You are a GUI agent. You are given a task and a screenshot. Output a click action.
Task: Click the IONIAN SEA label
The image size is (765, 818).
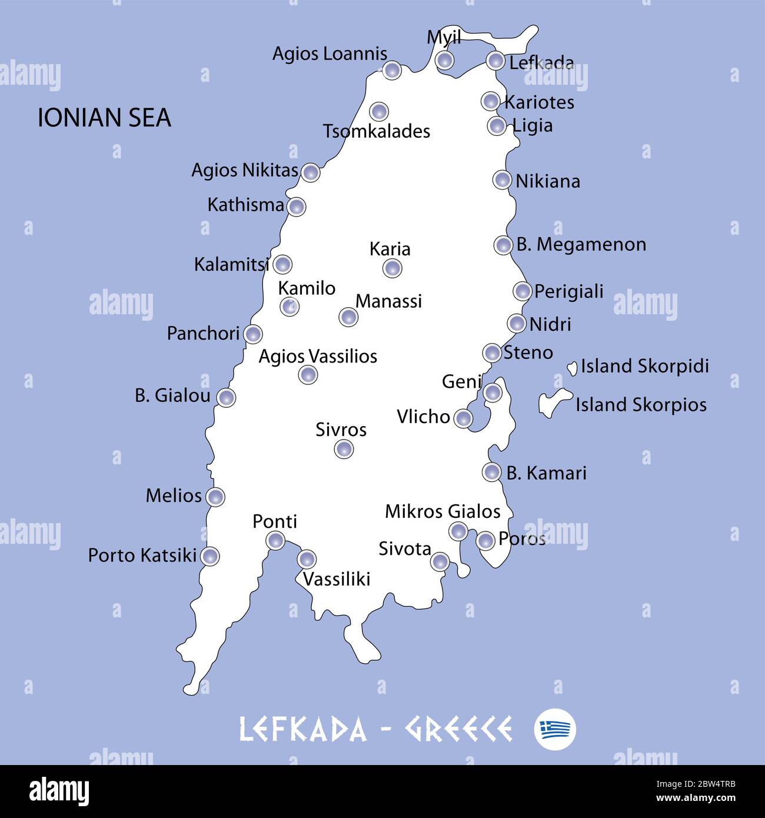(104, 118)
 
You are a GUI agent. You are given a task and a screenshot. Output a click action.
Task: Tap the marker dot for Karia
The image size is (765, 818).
(392, 268)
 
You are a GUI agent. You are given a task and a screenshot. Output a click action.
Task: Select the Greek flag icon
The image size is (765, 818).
(555, 729)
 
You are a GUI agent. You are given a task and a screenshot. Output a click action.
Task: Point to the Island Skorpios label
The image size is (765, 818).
(641, 405)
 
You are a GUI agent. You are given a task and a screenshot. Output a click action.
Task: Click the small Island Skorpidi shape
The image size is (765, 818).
(571, 369)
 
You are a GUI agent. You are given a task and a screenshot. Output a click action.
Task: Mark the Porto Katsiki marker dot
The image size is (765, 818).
(210, 556)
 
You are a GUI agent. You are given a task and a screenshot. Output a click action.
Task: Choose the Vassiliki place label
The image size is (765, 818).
(337, 579)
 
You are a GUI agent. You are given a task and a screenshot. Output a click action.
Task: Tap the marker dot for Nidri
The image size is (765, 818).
(517, 323)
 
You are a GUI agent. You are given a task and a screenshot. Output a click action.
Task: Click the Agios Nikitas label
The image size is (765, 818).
(245, 170)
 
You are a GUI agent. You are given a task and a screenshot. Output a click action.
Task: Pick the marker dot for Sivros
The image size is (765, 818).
(344, 450)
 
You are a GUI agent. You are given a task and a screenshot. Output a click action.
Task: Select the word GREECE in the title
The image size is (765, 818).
(458, 729)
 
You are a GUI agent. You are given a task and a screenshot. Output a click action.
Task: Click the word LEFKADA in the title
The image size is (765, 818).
(302, 729)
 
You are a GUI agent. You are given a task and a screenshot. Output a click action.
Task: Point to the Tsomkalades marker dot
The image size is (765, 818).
(379, 111)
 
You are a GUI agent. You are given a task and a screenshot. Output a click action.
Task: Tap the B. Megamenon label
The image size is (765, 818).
(581, 244)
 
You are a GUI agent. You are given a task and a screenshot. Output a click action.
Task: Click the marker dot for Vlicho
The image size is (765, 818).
(464, 418)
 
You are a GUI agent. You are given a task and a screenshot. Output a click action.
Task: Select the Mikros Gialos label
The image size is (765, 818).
(443, 511)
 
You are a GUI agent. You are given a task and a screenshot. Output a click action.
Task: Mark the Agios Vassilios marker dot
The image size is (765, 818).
(308, 374)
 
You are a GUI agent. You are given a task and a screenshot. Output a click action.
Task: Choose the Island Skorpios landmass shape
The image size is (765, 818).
(553, 403)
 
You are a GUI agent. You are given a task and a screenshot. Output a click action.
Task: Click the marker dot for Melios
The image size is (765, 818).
(215, 497)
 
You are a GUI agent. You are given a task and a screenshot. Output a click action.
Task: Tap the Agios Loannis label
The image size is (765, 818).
(330, 54)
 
